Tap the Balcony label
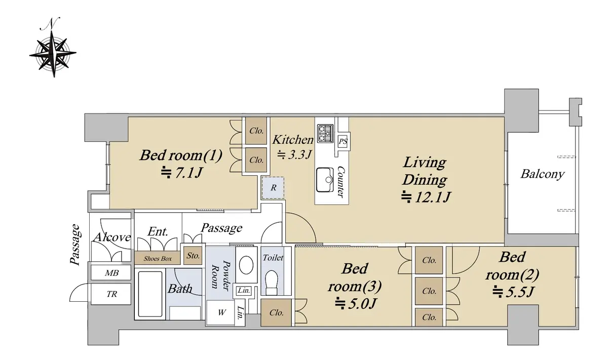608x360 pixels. (x=542, y=174)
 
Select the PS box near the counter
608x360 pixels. (x=343, y=141)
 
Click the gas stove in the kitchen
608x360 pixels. (x=325, y=133)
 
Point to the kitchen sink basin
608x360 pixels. (x=325, y=180)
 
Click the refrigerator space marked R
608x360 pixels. (x=273, y=187)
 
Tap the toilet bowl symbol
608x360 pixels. (x=272, y=282)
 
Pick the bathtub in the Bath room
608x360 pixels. (x=150, y=294)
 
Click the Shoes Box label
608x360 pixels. (x=158, y=259)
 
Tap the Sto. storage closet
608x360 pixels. (x=193, y=255)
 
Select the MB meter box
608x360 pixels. (x=111, y=272)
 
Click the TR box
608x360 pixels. (x=111, y=294)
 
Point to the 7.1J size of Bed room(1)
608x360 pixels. (x=182, y=173)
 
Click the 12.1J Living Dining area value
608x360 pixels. (x=426, y=197)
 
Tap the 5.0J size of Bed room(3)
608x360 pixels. (x=356, y=303)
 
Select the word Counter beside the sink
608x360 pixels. (x=340, y=181)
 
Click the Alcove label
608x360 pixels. (x=112, y=237)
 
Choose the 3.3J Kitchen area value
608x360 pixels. (x=294, y=154)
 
